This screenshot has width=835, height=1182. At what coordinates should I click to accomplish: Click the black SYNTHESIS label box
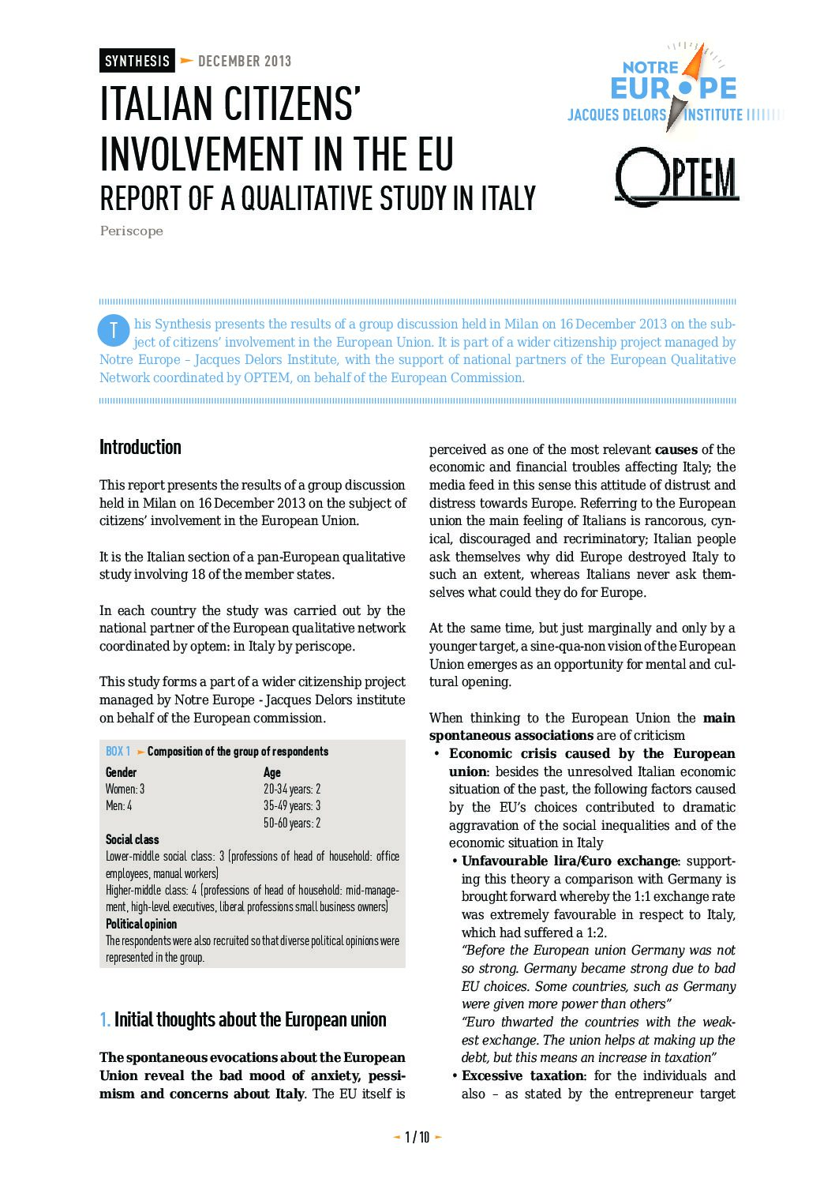(137, 61)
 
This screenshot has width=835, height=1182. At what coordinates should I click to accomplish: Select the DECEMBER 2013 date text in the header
(245, 61)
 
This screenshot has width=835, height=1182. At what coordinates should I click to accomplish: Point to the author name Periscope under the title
(131, 231)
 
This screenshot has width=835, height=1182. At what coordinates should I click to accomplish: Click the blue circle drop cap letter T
(113, 330)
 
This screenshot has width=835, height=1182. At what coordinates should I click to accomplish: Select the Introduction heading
(140, 447)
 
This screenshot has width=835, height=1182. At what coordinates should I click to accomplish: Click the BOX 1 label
(118, 751)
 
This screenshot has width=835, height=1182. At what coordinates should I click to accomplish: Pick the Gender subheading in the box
(122, 772)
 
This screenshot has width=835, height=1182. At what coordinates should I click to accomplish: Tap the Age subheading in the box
(272, 772)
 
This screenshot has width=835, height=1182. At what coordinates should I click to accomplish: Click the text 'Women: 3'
(125, 789)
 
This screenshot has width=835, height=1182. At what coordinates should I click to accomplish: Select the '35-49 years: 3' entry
(292, 806)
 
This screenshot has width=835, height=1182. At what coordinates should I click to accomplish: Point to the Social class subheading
(133, 839)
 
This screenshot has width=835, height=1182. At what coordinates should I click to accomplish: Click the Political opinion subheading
(141, 924)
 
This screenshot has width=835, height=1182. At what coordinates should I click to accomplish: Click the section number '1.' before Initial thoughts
(105, 1019)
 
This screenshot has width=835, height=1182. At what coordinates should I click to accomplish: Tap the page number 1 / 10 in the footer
(417, 1137)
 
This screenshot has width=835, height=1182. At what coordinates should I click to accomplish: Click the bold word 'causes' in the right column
(676, 449)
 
